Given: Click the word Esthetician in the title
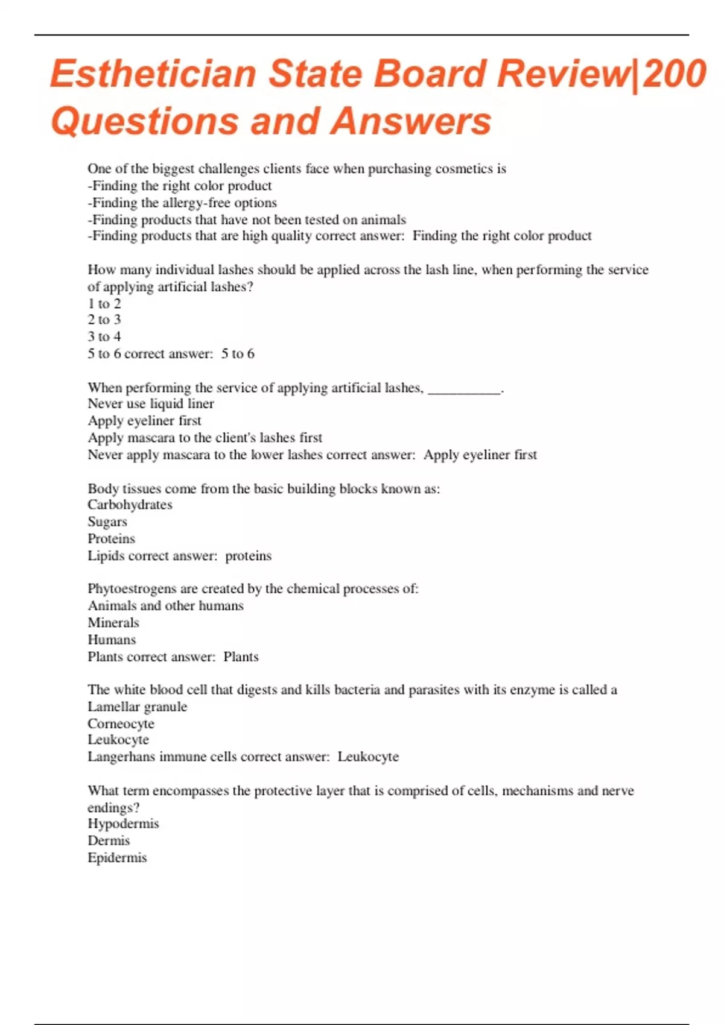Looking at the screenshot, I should click(154, 74).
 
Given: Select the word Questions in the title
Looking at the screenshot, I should click(145, 121).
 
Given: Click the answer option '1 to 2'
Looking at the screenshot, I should click(104, 303).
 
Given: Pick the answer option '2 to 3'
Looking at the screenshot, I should click(104, 320).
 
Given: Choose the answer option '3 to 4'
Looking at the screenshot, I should click(104, 336).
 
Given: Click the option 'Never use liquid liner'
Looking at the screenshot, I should click(151, 403).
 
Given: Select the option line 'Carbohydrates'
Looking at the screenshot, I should click(130, 505).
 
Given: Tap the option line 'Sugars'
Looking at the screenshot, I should click(107, 522).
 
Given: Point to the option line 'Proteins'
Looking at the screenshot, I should click(111, 538).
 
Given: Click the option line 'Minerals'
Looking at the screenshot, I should click(113, 622).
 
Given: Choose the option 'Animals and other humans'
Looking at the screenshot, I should click(165, 605).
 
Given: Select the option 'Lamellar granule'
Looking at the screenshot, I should click(138, 706).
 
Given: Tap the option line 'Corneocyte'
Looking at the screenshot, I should click(121, 724).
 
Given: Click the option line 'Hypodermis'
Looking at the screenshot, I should click(123, 824).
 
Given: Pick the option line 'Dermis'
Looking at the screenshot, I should click(109, 840).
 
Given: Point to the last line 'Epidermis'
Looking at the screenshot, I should click(117, 857).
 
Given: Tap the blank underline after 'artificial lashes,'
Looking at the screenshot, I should click(464, 389).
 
